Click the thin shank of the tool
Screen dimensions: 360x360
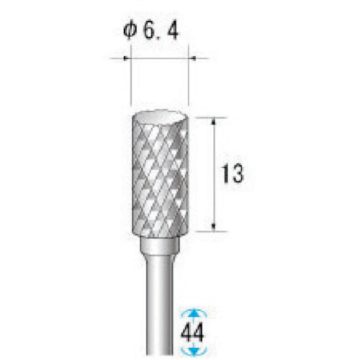pos(158,302)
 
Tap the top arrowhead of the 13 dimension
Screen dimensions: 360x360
pos(215,124)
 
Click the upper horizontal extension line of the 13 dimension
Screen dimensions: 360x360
pos(205,119)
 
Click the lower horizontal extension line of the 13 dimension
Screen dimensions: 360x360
pos(205,232)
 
